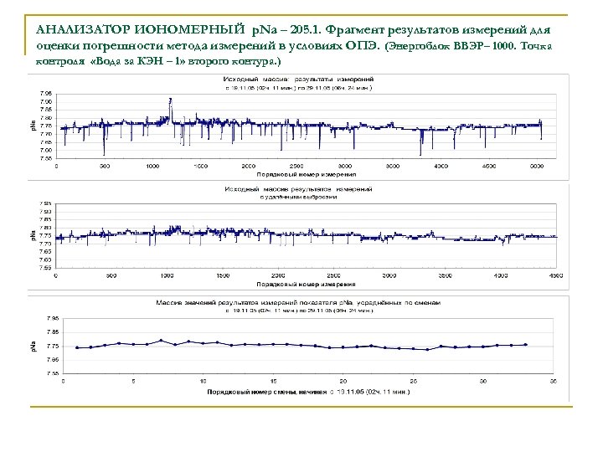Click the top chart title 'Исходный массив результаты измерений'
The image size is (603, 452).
(300, 78)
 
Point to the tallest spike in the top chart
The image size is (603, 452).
(171, 101)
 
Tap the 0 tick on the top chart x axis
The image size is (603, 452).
(57, 166)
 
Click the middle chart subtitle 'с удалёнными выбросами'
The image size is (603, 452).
(299, 198)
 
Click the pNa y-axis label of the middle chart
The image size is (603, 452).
(34, 236)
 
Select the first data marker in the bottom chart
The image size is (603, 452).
(77, 347)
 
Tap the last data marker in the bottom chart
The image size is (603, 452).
(525, 344)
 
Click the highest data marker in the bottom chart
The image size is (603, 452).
(161, 340)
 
